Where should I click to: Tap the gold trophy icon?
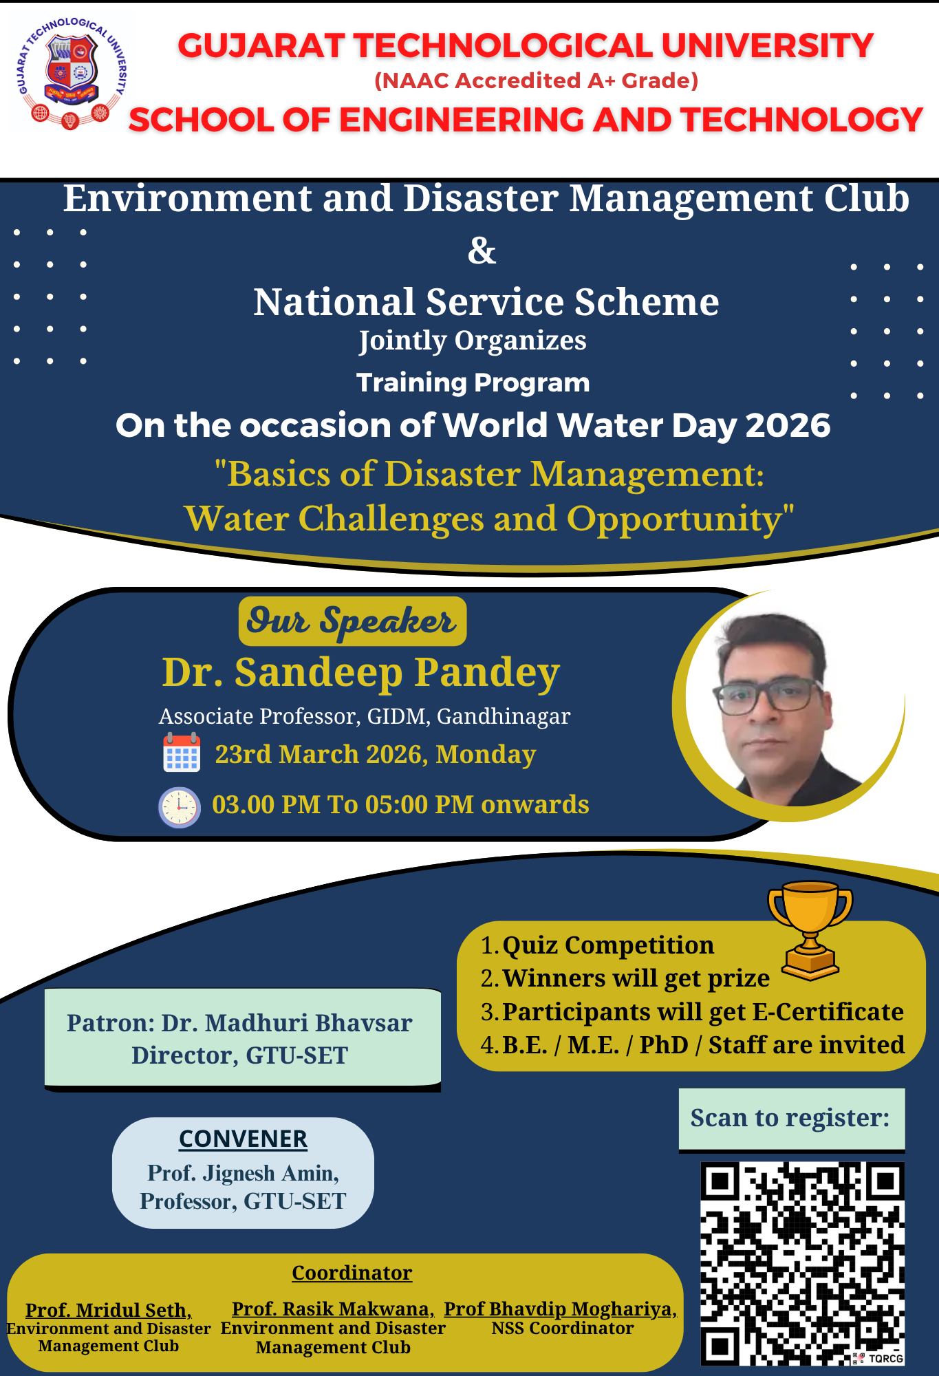[x=810, y=930]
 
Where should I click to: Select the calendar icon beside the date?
[x=182, y=753]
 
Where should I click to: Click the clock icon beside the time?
[x=180, y=806]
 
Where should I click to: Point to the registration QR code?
[x=802, y=1263]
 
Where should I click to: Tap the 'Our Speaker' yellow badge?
[x=352, y=621]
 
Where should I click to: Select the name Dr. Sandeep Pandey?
[x=361, y=672]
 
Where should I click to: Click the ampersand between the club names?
[x=482, y=251]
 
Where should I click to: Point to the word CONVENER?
[x=243, y=1139]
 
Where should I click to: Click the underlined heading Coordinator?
[x=352, y=1273]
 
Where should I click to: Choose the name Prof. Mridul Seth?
[x=108, y=1310]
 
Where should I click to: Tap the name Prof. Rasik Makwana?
[x=333, y=1309]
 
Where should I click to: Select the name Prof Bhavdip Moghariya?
[x=560, y=1309]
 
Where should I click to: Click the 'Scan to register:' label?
[x=790, y=1118]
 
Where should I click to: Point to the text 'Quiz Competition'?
[x=608, y=945]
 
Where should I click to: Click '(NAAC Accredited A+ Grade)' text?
[x=537, y=80]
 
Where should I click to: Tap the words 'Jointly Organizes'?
[x=473, y=341]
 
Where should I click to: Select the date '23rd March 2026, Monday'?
[x=376, y=755]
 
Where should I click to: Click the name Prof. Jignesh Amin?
[x=243, y=1173]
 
